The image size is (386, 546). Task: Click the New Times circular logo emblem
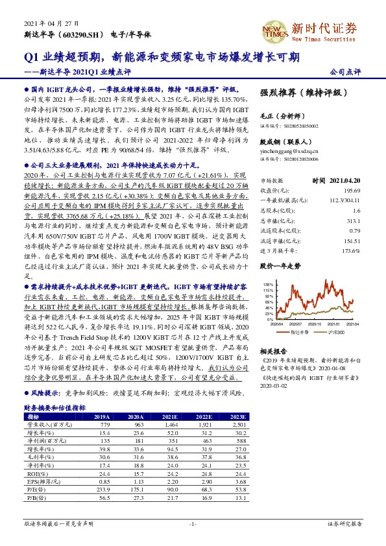tap(271, 29)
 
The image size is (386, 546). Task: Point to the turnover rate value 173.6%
tap(352, 250)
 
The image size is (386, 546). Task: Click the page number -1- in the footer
tap(193, 523)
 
